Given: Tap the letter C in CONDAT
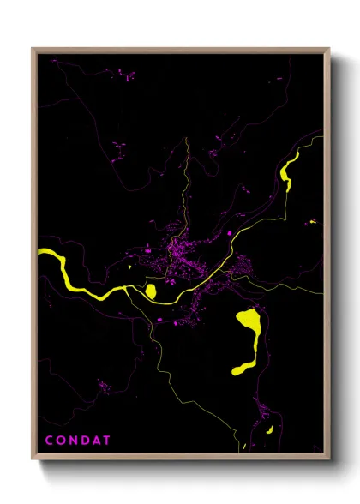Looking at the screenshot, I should pos(49,441).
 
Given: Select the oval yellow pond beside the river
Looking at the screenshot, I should pos(151,292).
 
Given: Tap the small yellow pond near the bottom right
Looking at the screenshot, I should pos(267,428).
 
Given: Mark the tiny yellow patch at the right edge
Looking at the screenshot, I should pos(313,222).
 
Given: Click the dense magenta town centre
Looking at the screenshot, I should pos(182,257).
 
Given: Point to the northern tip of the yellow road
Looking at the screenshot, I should pos(185,140).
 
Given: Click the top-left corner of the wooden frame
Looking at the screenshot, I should pos(33,49).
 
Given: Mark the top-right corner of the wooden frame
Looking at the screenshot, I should pos(329,49).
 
